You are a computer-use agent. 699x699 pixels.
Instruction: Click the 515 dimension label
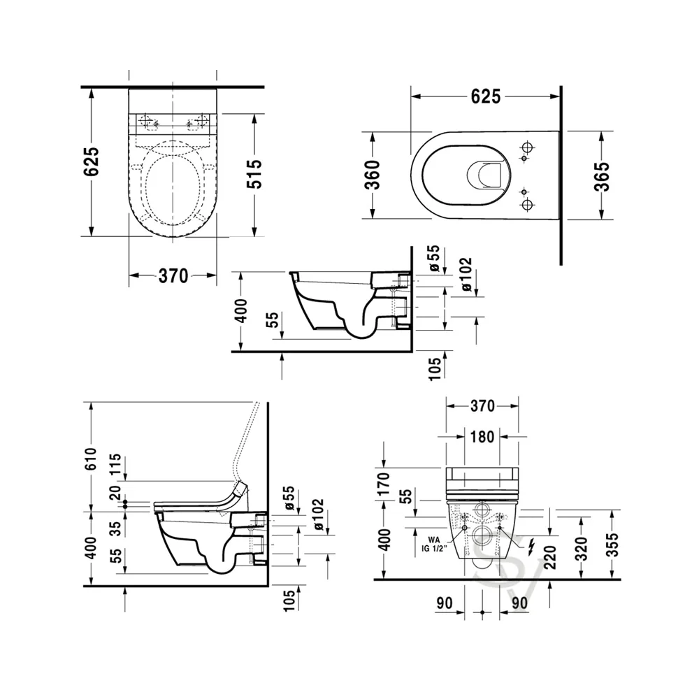point(255,174)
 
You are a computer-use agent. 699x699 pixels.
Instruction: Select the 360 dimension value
point(373,175)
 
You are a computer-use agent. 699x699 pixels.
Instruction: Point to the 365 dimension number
point(601,177)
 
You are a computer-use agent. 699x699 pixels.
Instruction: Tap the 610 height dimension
point(90,459)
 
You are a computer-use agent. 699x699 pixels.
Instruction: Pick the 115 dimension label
point(115,465)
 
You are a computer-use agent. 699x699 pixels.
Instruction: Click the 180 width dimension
point(482,437)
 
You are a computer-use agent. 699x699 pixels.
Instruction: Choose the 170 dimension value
point(383,484)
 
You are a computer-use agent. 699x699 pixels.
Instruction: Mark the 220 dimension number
point(551,557)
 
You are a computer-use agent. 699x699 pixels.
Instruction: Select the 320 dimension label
point(582,549)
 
